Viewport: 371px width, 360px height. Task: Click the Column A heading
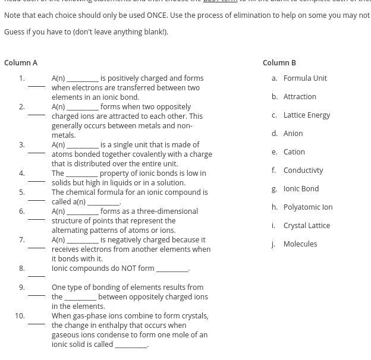pyautogui.click(x=21, y=62)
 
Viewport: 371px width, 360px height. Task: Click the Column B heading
pyautogui.click(x=279, y=62)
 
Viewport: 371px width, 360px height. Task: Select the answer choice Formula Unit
pyautogui.click(x=305, y=78)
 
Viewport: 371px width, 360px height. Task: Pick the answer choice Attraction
pyautogui.click(x=300, y=96)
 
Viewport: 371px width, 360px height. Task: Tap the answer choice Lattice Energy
pyautogui.click(x=306, y=115)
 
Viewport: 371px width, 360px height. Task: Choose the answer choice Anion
pyautogui.click(x=293, y=133)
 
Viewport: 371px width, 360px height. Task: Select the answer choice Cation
pyautogui.click(x=294, y=151)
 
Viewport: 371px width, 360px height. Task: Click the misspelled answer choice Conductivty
pyautogui.click(x=303, y=170)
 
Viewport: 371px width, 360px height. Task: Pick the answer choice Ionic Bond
pyautogui.click(x=301, y=188)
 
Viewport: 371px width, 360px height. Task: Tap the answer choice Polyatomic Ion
pyautogui.click(x=308, y=207)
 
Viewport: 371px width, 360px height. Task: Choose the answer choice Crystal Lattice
pyautogui.click(x=306, y=225)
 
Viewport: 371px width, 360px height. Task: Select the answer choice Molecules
pyautogui.click(x=300, y=244)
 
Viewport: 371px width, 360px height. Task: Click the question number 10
pyautogui.click(x=20, y=315)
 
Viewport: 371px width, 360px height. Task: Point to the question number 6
pyautogui.click(x=21, y=211)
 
